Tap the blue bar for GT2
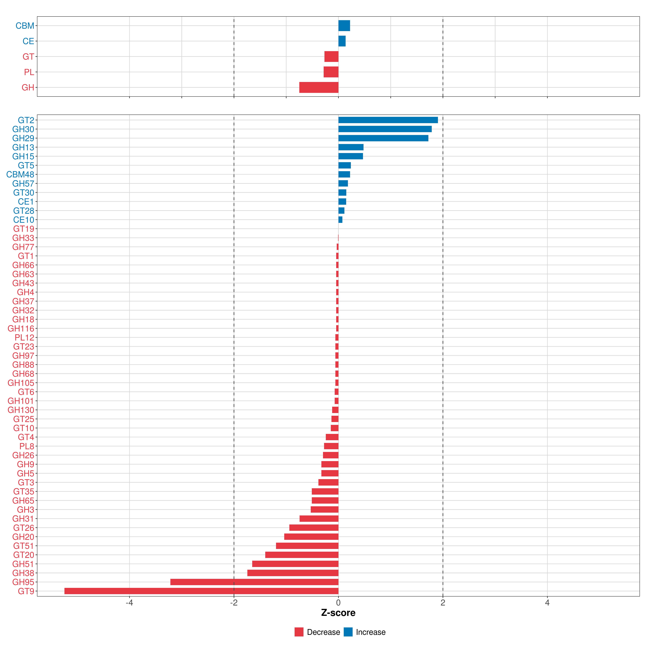pos(388,120)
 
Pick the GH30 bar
pos(385,129)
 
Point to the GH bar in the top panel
pos(319,87)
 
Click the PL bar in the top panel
pos(331,72)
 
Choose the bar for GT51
pos(307,546)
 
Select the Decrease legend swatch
pos(299,632)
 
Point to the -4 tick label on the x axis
pos(129,603)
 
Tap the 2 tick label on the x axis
pos(443,603)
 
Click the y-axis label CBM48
pos(20,175)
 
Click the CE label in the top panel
pos(28,41)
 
